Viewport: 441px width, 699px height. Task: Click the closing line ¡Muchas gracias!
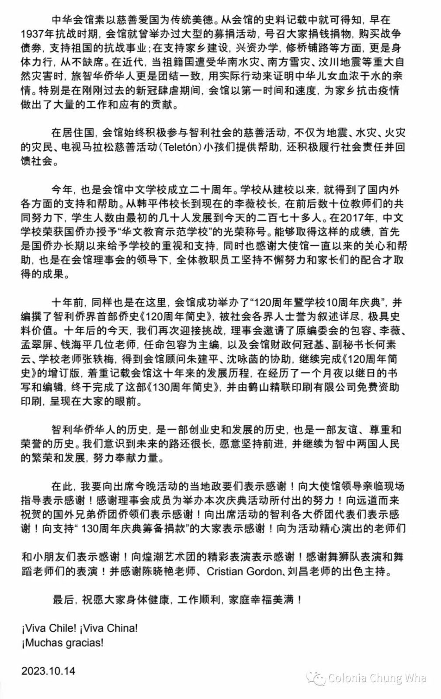coord(63,643)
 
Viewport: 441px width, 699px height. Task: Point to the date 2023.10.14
coord(48,671)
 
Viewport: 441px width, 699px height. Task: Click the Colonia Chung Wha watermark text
coord(377,678)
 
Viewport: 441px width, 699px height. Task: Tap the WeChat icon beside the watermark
coord(316,678)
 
